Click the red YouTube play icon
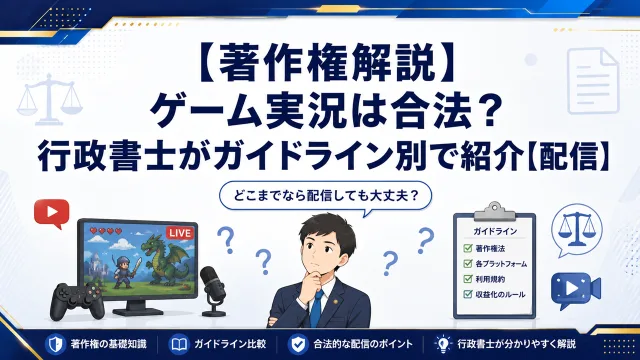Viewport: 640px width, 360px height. coord(52,213)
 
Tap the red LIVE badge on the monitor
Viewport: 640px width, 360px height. coord(180,233)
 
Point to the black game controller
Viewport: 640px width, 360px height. coord(78,301)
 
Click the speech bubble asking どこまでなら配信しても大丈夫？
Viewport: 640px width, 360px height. coord(326,197)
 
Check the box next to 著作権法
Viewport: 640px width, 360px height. coord(468,248)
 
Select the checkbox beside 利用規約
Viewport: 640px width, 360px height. coord(468,279)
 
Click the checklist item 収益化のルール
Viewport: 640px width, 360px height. coord(500,295)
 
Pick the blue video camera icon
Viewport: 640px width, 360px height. coord(576,290)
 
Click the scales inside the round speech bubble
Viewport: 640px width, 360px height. coord(577,231)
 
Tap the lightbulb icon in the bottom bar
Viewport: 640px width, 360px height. coord(443,344)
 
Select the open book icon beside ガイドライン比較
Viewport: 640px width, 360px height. coord(179,344)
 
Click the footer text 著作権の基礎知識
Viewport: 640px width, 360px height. coord(109,344)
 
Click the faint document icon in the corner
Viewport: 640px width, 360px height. coord(593,80)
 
